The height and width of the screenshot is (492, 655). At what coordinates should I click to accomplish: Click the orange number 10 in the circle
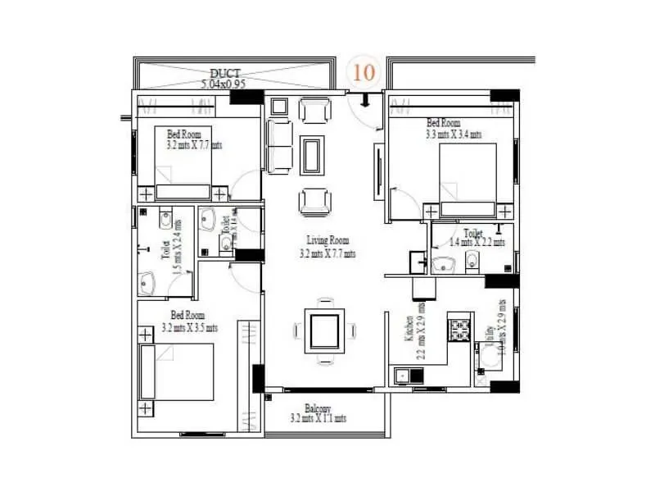pyautogui.click(x=364, y=71)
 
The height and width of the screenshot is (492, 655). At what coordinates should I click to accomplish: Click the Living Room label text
pyautogui.click(x=327, y=240)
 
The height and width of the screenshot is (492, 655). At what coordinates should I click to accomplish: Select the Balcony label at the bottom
pyautogui.click(x=318, y=408)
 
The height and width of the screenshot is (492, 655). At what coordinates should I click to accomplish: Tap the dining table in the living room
pyautogui.click(x=324, y=330)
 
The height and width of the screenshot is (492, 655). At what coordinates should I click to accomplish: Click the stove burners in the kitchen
pyautogui.click(x=459, y=330)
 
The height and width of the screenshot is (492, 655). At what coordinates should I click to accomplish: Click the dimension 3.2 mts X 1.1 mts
pyautogui.click(x=318, y=418)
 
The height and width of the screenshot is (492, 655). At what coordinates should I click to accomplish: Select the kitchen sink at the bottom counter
pyautogui.click(x=403, y=376)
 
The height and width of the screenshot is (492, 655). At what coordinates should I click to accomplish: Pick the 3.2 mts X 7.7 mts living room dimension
pyautogui.click(x=327, y=253)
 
